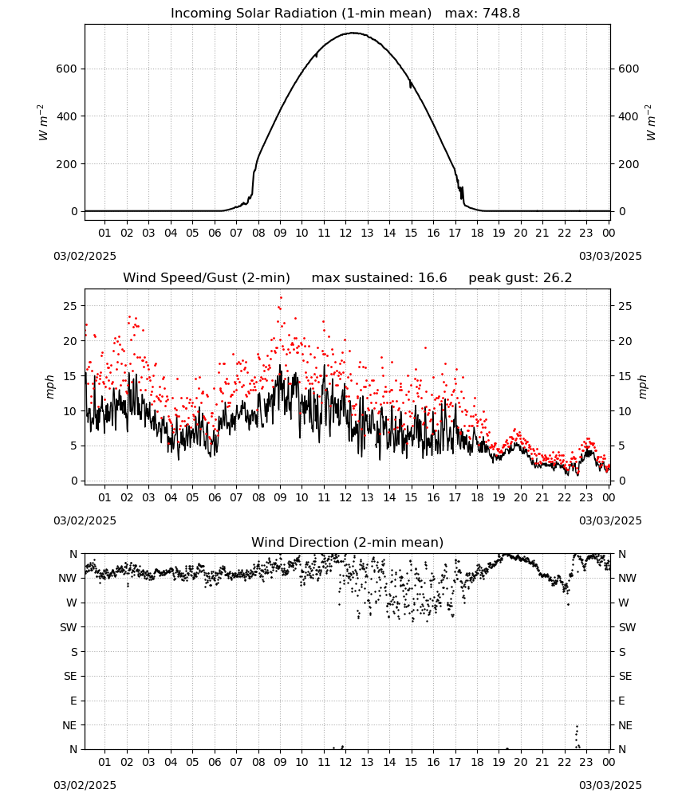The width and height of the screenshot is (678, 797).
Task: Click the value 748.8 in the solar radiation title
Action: (502, 14)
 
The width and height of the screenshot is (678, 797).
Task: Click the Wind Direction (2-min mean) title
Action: (348, 542)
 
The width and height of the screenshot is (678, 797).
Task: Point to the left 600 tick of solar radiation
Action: (67, 69)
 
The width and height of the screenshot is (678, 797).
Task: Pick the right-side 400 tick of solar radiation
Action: (629, 116)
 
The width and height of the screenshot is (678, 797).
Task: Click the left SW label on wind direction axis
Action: (69, 627)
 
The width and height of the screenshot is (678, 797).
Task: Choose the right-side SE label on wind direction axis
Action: (625, 676)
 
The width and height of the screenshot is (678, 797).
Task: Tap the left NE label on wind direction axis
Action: (69, 725)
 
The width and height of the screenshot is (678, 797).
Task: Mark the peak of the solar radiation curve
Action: (353, 33)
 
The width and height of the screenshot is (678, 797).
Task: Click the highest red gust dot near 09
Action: (281, 298)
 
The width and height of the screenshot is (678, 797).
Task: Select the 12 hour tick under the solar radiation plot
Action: (345, 233)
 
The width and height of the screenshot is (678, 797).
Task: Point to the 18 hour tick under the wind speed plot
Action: (477, 497)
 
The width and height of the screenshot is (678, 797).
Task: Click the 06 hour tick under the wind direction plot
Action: (215, 762)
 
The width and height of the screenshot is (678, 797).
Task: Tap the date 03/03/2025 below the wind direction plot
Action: (610, 785)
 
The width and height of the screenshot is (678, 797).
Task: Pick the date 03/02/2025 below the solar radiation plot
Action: (85, 256)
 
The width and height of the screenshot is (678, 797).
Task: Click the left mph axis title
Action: (49, 387)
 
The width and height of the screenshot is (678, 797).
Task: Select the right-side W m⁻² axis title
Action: (651, 123)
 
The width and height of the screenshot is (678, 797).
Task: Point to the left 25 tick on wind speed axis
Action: (71, 306)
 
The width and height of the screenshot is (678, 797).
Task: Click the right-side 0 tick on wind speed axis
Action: (621, 481)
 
